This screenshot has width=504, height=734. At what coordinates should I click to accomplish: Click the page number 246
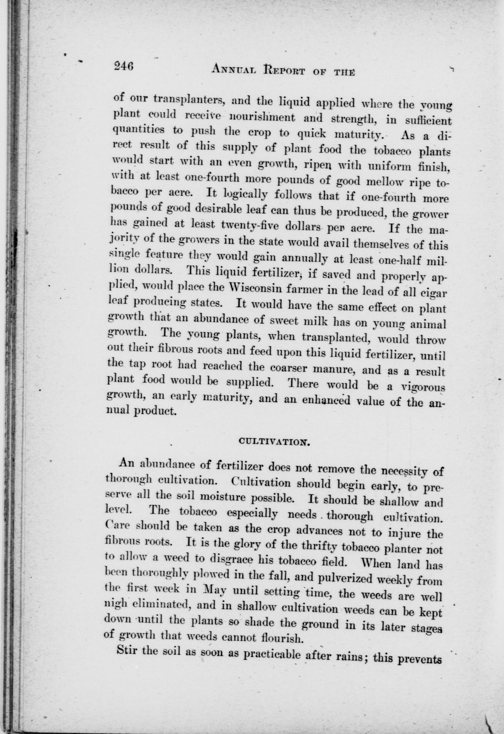[124, 66]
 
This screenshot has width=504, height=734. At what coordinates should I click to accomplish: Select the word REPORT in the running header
[284, 70]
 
